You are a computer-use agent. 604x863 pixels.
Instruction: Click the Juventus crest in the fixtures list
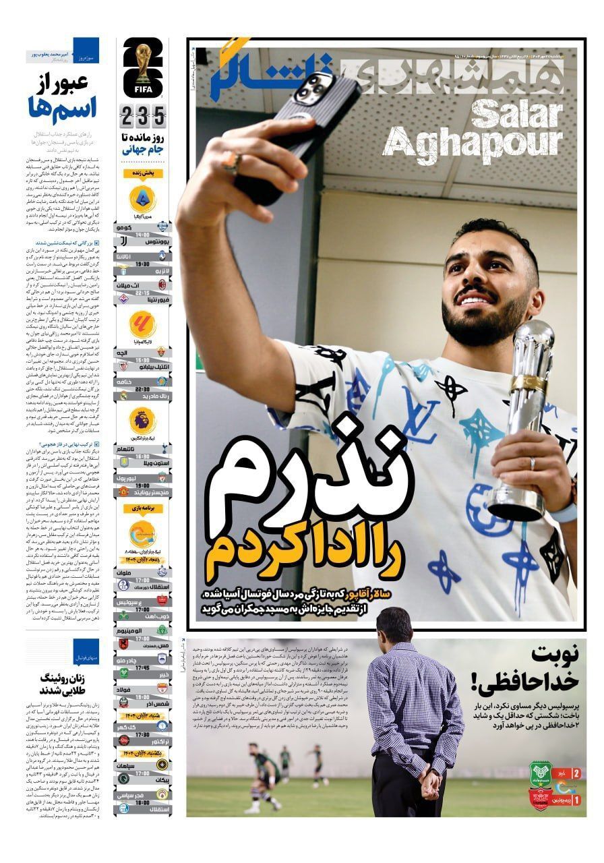[x=123, y=241]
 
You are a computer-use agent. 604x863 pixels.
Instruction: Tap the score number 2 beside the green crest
[x=576, y=773]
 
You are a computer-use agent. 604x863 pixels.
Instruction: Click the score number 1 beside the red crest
[x=576, y=800]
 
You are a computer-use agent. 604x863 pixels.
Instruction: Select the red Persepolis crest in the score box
[x=541, y=800]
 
